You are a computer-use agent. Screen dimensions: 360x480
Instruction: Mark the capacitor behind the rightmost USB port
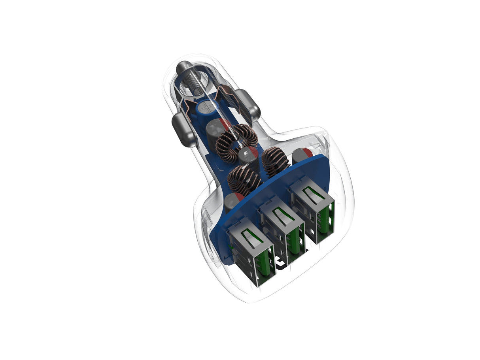(302, 155)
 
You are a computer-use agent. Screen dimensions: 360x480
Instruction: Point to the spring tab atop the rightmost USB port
(312, 194)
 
